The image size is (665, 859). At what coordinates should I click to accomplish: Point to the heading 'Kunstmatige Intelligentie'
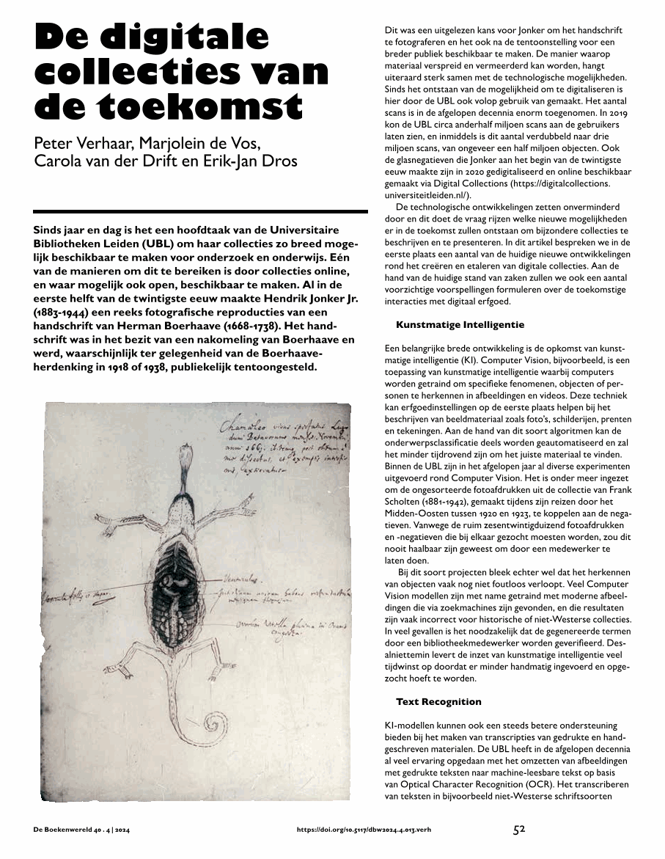tap(460, 324)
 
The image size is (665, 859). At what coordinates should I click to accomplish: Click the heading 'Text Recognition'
tap(438, 702)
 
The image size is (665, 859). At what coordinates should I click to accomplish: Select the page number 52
tap(519, 830)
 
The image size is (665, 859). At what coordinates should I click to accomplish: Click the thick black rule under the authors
tap(200, 211)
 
